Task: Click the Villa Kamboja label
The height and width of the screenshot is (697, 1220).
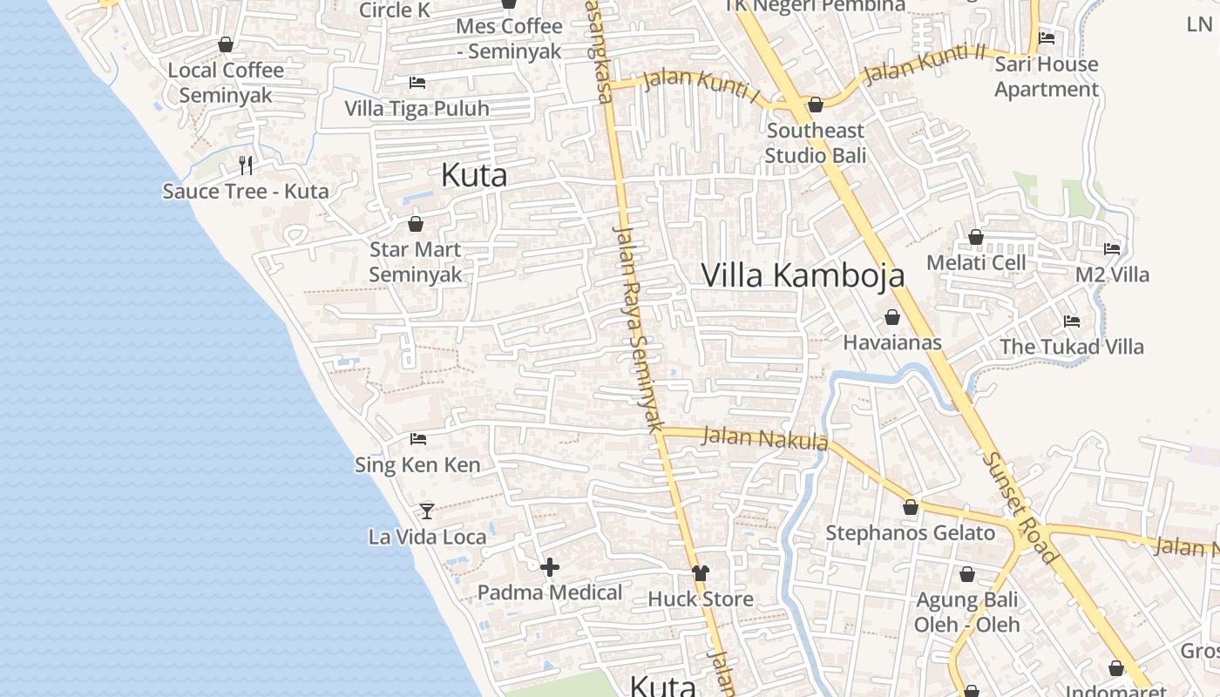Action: point(803,275)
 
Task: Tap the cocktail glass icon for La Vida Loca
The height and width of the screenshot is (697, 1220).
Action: point(427,511)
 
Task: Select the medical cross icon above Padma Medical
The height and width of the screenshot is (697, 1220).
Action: point(550,568)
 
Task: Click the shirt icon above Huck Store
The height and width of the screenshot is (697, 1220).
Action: point(701,572)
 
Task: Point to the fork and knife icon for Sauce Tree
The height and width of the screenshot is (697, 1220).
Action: point(246,165)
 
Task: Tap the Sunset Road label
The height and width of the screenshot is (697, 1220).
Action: point(1020,507)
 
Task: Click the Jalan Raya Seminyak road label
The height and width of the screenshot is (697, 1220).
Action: point(639,329)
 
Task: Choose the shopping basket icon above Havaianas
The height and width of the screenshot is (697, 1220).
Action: point(892,317)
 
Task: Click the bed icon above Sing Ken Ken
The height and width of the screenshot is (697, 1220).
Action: point(418,439)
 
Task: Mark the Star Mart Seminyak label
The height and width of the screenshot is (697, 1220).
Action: point(415,261)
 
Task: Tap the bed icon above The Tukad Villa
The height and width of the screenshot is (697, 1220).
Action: point(1072,321)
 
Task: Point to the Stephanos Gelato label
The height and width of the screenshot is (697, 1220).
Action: point(910,533)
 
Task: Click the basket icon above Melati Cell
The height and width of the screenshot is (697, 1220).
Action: point(976,237)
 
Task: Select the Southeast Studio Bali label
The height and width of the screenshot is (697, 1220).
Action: point(815,143)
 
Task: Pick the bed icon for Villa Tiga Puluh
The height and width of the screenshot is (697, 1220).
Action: point(417,83)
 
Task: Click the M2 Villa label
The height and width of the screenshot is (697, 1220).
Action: point(1112,274)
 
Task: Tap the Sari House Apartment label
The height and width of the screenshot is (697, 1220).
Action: point(1047,77)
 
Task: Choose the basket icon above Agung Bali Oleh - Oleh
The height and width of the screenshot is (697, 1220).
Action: point(966,574)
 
